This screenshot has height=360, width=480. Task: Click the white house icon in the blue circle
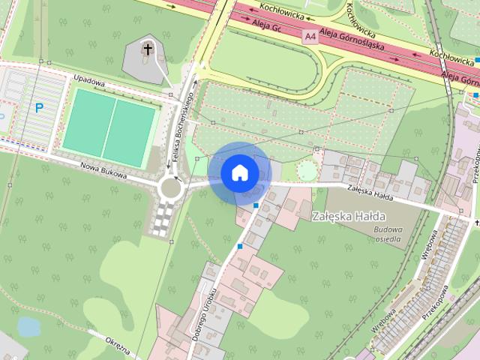(240, 172)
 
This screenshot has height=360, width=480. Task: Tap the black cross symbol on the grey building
(148, 51)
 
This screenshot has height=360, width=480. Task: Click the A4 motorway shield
(310, 35)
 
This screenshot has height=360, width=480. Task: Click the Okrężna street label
(118, 349)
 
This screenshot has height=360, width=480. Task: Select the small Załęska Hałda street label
(370, 192)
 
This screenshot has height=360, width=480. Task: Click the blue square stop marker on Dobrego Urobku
(240, 246)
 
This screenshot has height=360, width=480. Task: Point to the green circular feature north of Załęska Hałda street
(307, 171)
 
